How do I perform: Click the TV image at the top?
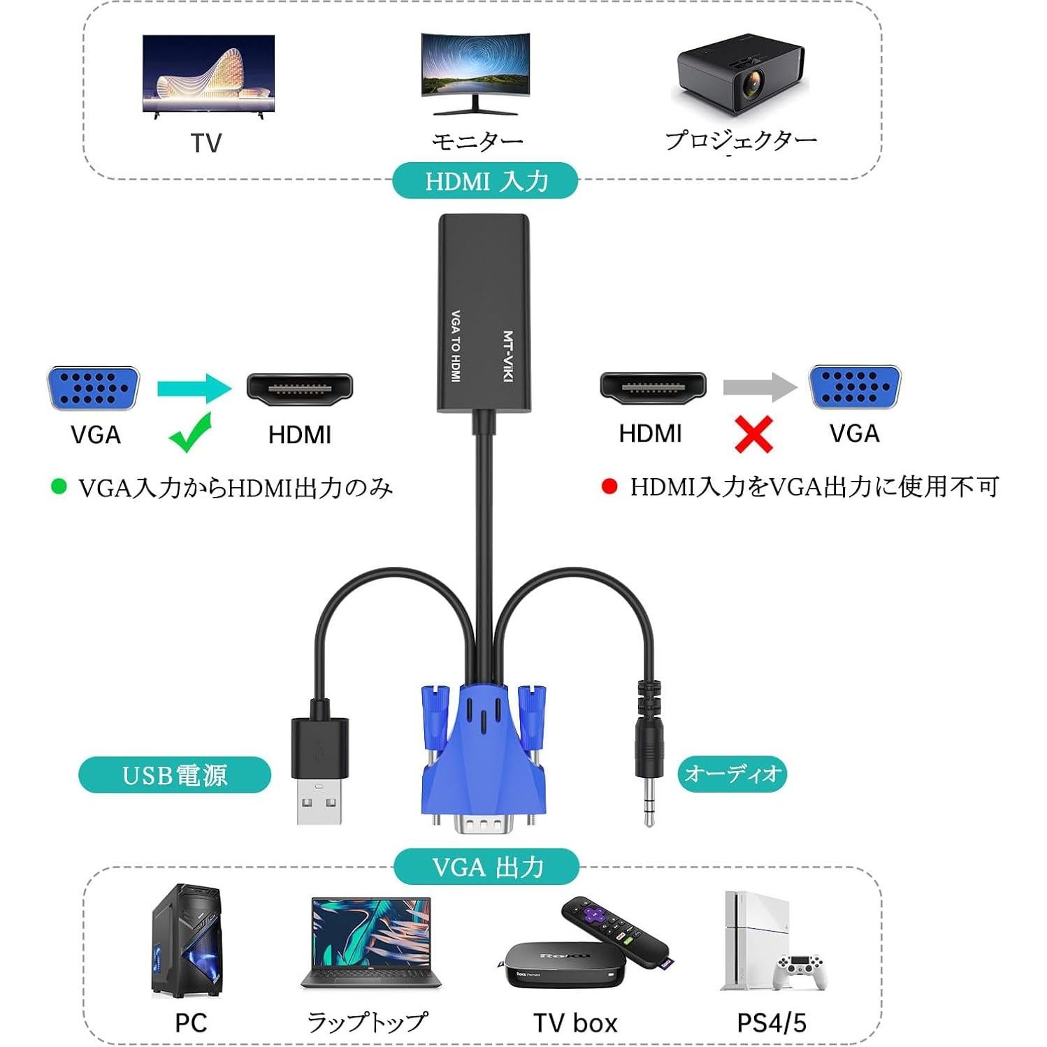[208, 74]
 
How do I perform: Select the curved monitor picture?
[475, 71]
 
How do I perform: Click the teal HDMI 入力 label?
[486, 181]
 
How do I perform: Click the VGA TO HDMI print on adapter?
[456, 346]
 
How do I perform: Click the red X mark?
[753, 434]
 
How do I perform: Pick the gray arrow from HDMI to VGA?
[759, 387]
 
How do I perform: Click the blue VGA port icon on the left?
[94, 388]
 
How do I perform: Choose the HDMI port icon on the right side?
[653, 388]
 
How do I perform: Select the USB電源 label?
[175, 775]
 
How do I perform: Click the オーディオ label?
[732, 774]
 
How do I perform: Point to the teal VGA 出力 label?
[486, 867]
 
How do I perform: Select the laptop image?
[371, 944]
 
